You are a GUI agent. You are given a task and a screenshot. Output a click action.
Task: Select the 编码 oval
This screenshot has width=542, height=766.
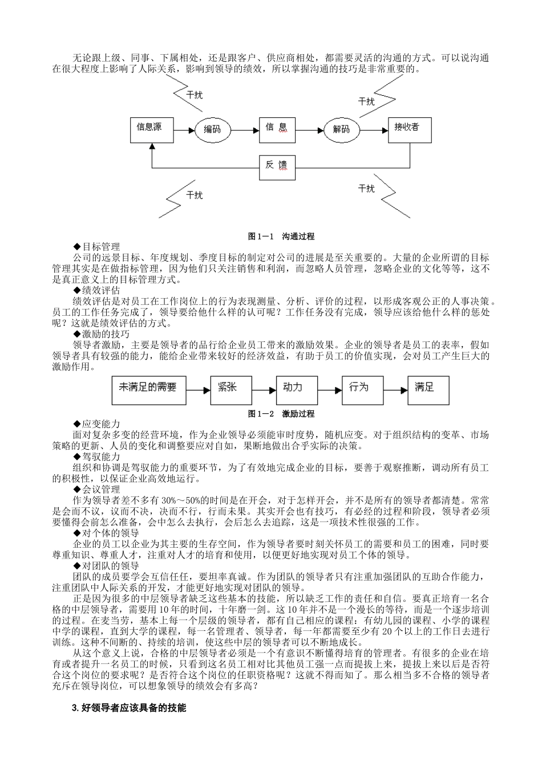click(x=212, y=130)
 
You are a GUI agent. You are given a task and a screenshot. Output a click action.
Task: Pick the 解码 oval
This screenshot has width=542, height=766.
click(x=341, y=130)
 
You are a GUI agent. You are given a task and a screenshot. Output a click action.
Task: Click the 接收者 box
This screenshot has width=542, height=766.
click(x=409, y=131)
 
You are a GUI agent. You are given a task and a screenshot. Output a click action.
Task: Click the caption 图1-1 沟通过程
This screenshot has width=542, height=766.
click(x=281, y=236)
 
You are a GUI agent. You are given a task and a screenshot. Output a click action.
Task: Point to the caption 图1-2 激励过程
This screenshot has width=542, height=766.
click(x=281, y=413)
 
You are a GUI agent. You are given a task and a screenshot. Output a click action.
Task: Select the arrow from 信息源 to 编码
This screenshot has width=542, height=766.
click(x=184, y=131)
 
